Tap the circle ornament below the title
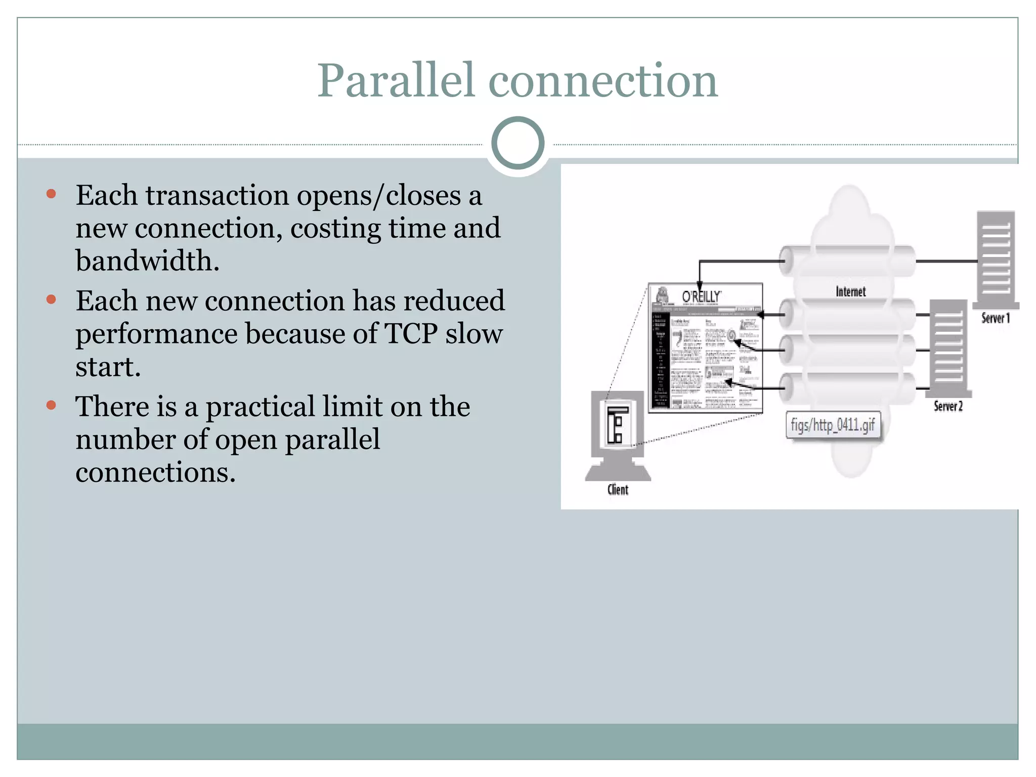517,143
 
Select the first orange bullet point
51,194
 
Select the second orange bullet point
51,299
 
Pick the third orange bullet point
51,405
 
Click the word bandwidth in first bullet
147,261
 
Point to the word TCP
411,334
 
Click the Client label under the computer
618,490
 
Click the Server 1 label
995,318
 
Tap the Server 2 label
948,406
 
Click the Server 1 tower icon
996,258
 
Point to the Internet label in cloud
850,292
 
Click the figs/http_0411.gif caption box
833,425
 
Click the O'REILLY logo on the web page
701,296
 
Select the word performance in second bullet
156,334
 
